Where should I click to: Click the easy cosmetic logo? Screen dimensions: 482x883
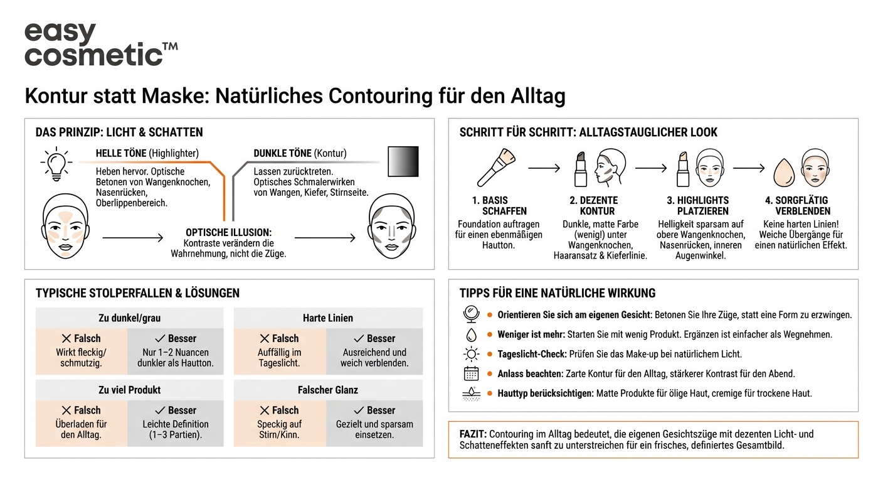point(100,44)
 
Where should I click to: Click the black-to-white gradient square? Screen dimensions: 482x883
point(403,162)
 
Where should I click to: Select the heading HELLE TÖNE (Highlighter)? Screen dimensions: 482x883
point(147,153)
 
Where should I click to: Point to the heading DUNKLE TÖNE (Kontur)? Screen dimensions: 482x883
point(300,153)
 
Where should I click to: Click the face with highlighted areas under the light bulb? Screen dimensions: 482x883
point(66,226)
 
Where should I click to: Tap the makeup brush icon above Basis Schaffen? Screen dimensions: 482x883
point(495,168)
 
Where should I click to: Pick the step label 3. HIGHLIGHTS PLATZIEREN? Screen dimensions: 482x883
point(702,206)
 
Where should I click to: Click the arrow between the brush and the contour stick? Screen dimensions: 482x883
point(544,168)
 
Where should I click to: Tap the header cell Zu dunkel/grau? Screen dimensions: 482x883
point(129,318)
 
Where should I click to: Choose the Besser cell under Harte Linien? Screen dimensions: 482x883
point(374,351)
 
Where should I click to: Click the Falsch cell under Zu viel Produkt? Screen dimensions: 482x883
point(82,423)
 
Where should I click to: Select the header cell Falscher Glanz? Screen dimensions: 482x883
point(328,390)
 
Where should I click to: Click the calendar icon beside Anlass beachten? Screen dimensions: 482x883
point(471,374)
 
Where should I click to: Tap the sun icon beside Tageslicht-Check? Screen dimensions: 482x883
point(471,354)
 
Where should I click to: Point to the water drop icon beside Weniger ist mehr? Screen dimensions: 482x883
point(471,335)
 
